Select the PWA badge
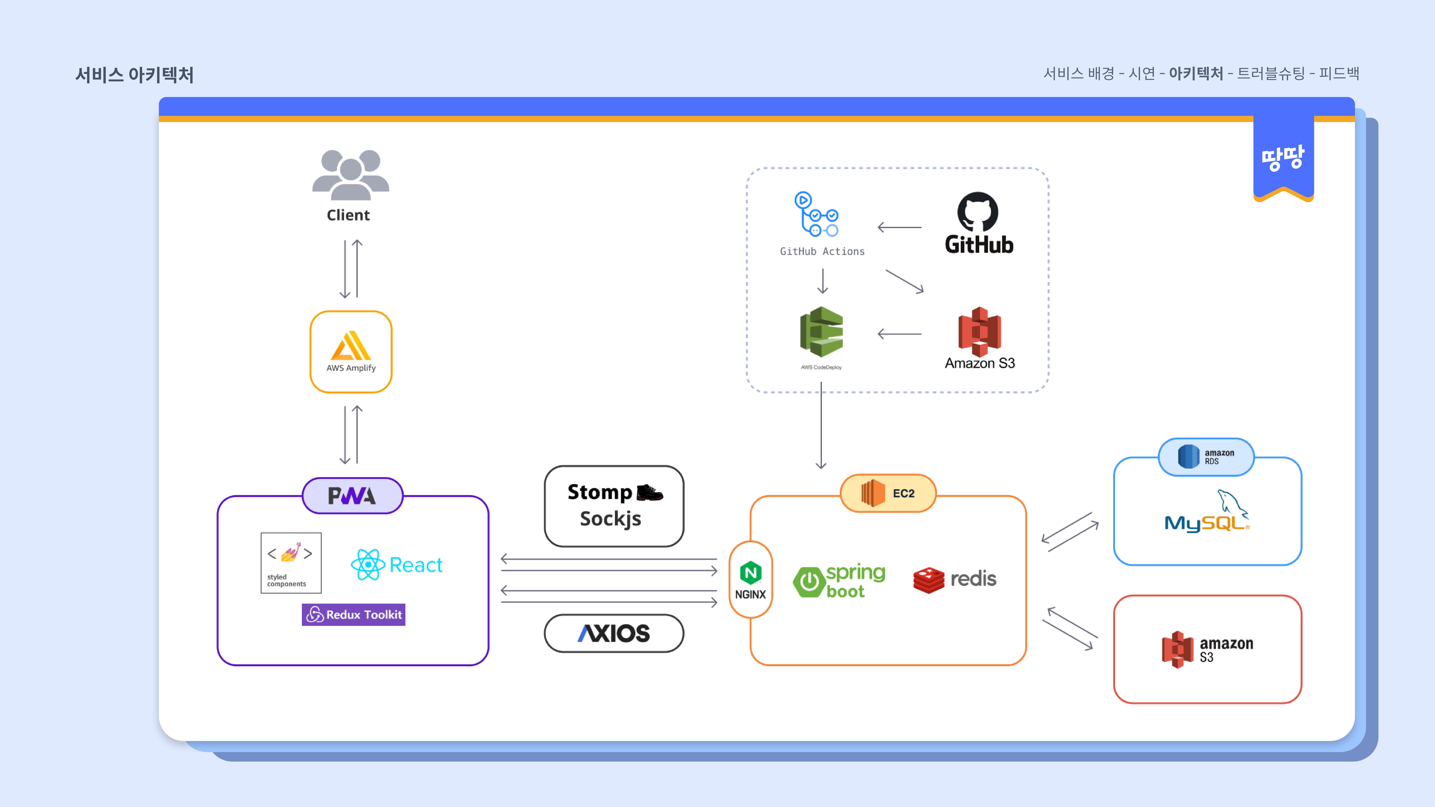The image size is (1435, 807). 352,495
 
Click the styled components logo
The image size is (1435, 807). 291,563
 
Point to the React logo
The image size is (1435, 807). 397,565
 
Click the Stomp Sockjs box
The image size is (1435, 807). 614,506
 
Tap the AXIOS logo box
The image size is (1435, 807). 614,633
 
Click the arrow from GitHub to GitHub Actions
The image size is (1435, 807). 900,227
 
